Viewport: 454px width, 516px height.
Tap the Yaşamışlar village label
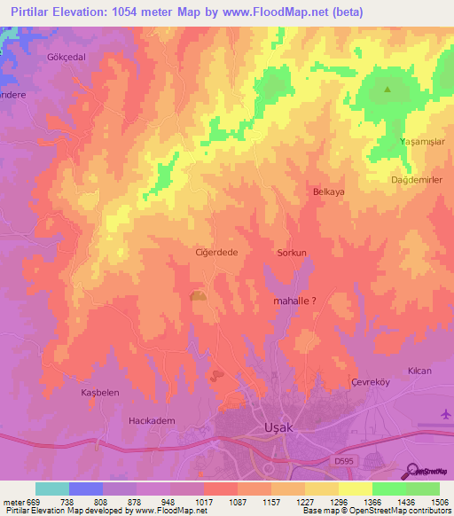(422, 141)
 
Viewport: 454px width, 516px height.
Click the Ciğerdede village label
(216, 253)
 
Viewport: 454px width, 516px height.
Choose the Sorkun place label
(292, 253)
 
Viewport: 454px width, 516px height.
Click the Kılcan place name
(419, 370)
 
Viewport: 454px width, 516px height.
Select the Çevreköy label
(371, 381)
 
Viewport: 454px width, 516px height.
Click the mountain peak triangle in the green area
(387, 89)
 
